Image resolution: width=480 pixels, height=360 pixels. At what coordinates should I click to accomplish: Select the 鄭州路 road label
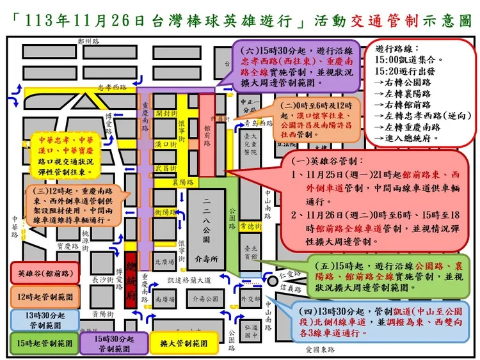(88, 40)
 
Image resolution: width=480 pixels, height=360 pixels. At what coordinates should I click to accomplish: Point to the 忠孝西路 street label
(113, 88)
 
